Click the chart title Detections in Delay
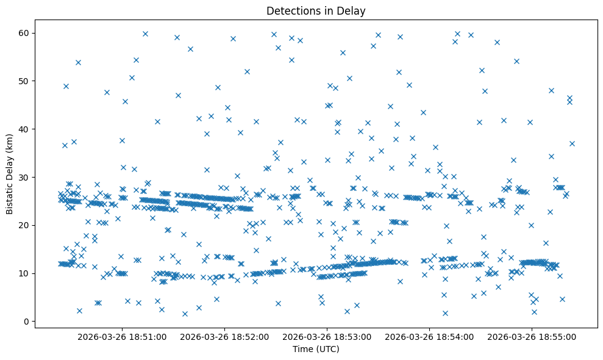coord(316,10)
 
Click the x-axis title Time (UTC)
coord(316,349)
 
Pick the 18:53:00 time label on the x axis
coord(327,336)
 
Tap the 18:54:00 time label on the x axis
coord(429,336)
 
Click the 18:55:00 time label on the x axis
coord(532,336)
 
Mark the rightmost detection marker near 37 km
coord(572,143)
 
